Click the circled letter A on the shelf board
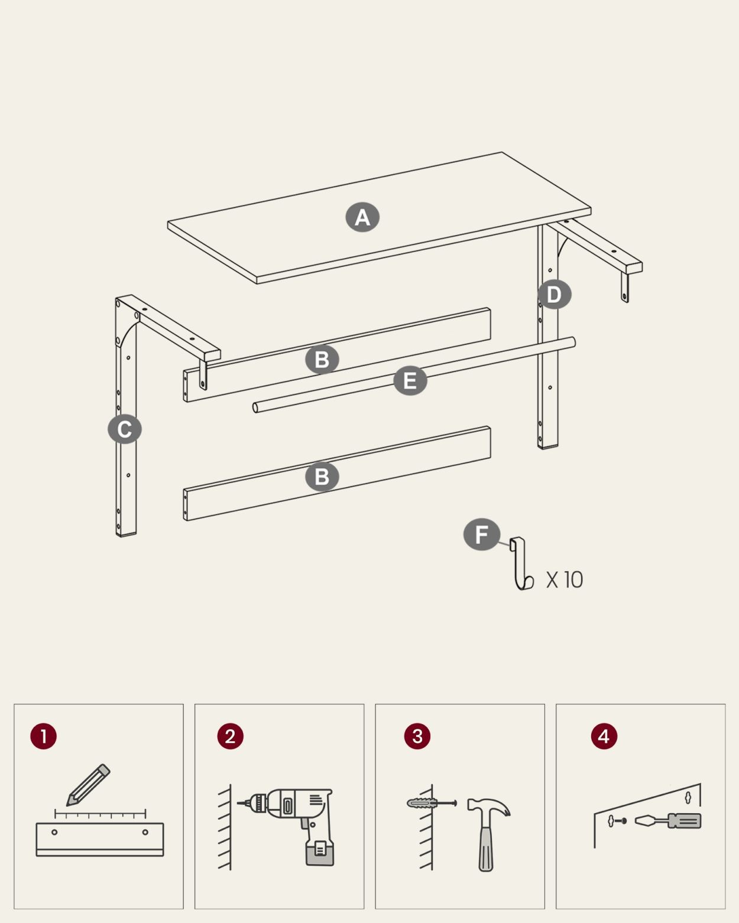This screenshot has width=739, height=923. click(x=362, y=217)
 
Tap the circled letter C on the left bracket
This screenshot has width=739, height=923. click(x=125, y=429)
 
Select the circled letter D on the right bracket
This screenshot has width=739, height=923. click(x=555, y=294)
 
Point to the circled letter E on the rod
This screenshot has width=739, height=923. click(x=410, y=380)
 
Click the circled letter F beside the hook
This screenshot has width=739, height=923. click(x=482, y=534)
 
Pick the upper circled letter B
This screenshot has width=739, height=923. click(x=322, y=360)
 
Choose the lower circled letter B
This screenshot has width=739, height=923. click(x=322, y=477)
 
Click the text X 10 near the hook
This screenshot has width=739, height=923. click(x=564, y=580)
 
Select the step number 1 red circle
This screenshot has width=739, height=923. click(x=43, y=736)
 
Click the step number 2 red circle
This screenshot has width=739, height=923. click(x=230, y=736)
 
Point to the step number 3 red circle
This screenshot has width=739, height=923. click(x=417, y=736)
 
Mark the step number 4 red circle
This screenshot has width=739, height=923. click(x=604, y=736)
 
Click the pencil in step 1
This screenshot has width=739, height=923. click(x=88, y=785)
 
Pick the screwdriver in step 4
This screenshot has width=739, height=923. click(x=668, y=821)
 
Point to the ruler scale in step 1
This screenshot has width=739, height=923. click(x=100, y=814)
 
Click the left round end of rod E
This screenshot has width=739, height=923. click(x=255, y=407)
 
